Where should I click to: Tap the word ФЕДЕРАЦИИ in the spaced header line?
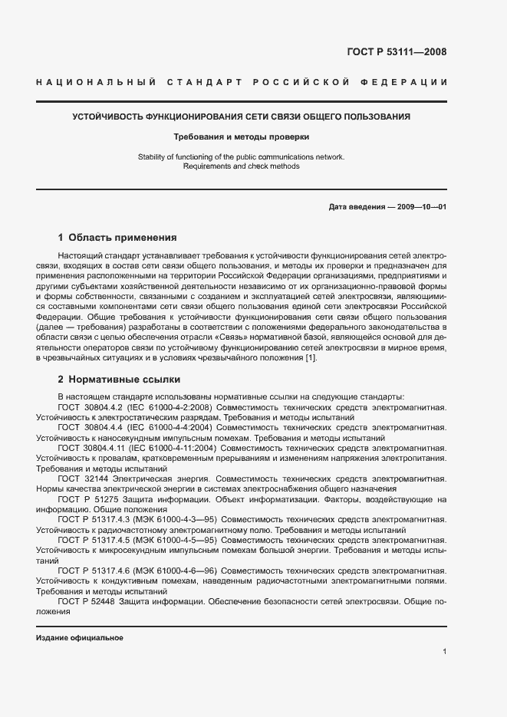pyautogui.click(x=410, y=83)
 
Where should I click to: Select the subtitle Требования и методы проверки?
pyautogui.click(x=242, y=137)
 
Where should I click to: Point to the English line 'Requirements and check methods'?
pyautogui.click(x=242, y=166)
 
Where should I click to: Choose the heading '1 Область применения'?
pyautogui.click(x=117, y=238)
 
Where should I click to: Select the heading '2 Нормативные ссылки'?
pyautogui.click(x=117, y=379)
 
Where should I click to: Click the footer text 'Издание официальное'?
pyautogui.click(x=79, y=638)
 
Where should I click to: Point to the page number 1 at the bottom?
pyautogui.click(x=445, y=652)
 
